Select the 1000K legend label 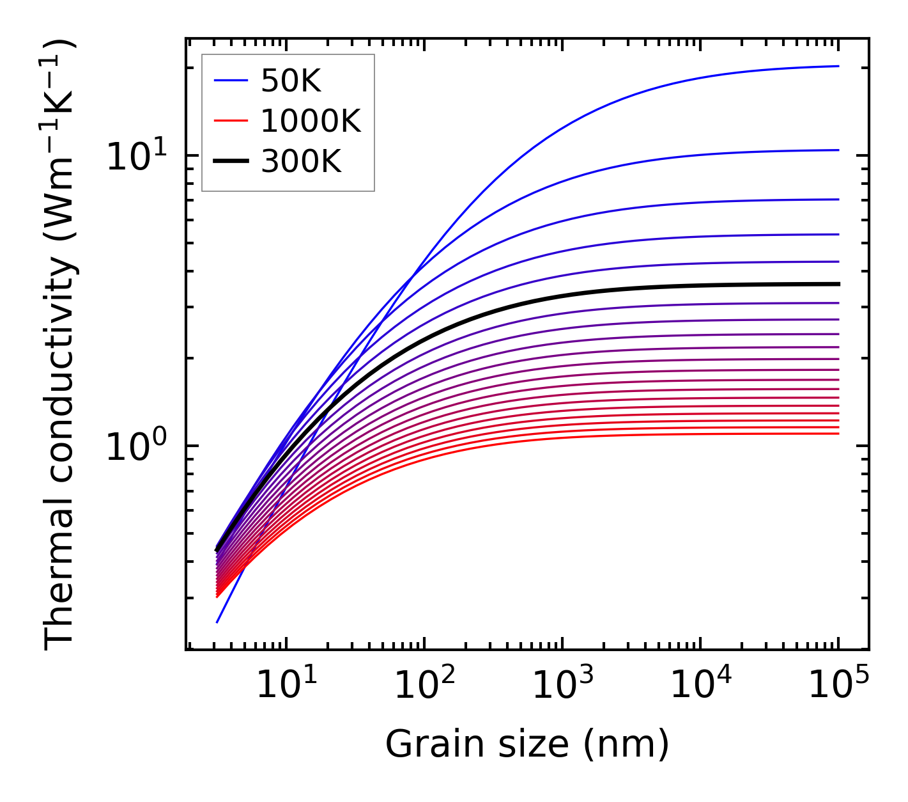(x=311, y=121)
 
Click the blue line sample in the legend (x=230, y=81)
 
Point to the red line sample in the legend (x=230, y=121)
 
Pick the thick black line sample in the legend (x=230, y=162)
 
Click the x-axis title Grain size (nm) (x=527, y=745)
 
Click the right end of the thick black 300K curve (x=838, y=284)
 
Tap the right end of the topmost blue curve (x=838, y=66)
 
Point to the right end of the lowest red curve (x=838, y=434)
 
